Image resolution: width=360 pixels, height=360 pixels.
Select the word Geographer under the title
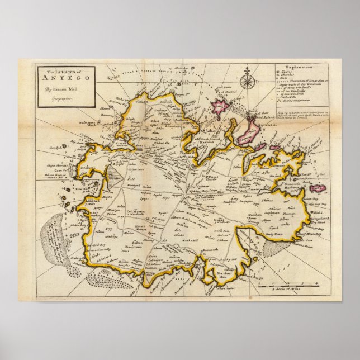57,98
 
